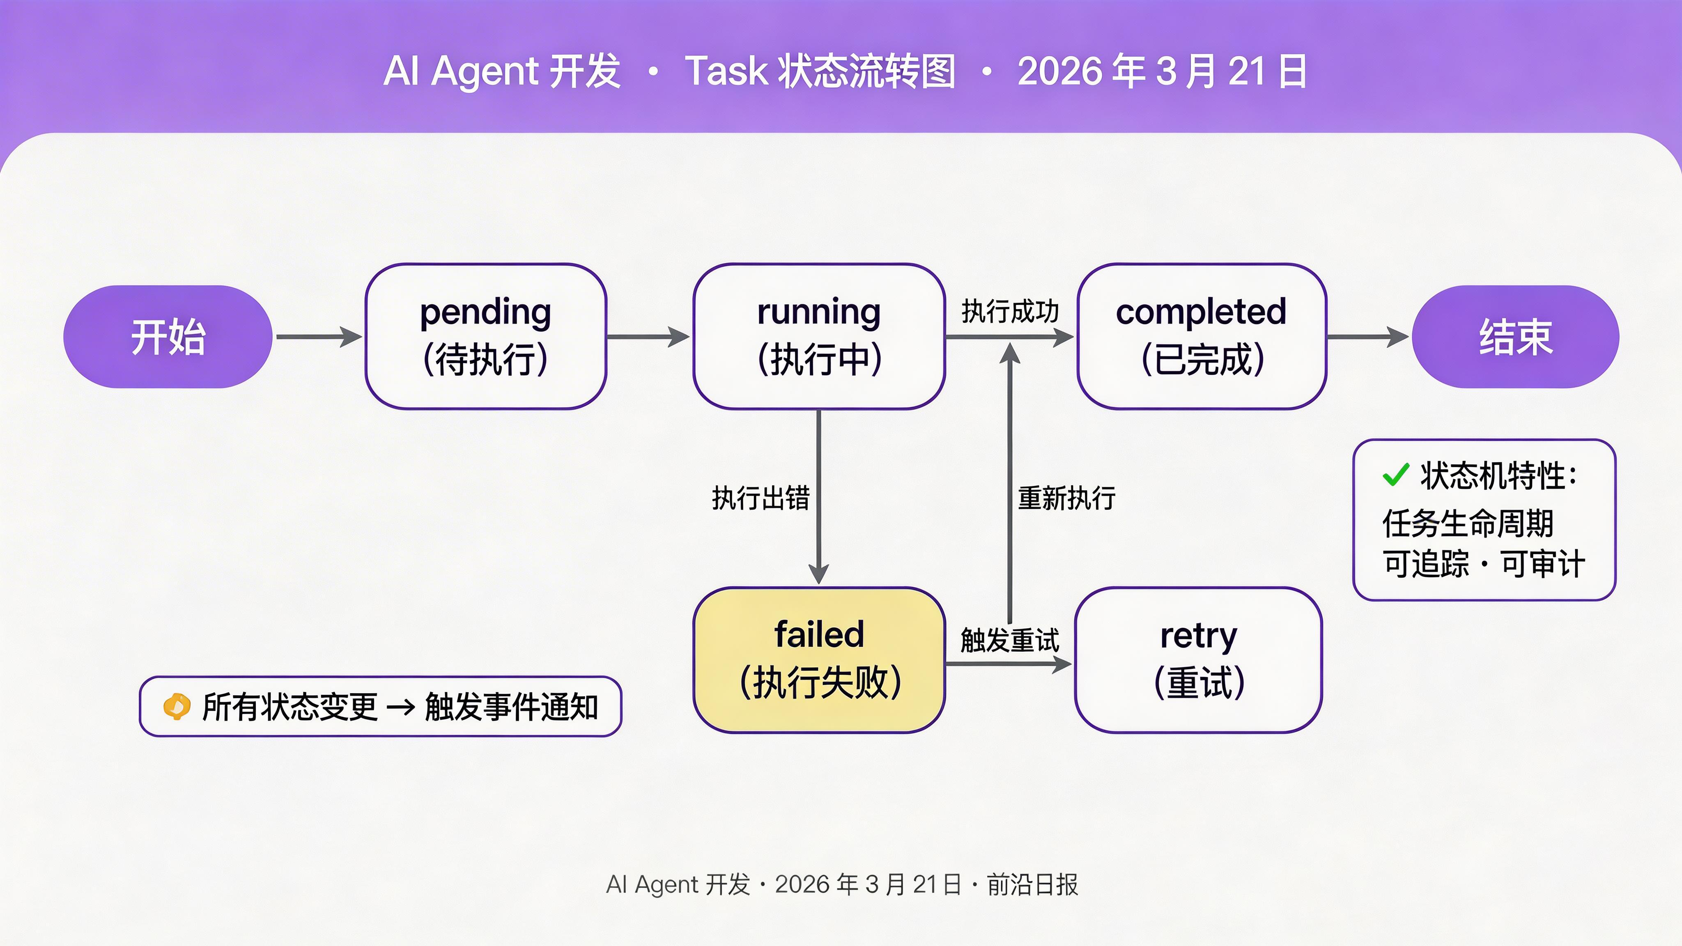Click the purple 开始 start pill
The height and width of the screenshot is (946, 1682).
tap(168, 337)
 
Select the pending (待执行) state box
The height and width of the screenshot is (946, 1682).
tap(486, 337)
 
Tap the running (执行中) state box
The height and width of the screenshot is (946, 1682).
tap(819, 337)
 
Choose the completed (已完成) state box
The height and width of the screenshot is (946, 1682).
tap(1202, 337)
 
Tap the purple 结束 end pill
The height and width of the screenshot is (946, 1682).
tap(1516, 337)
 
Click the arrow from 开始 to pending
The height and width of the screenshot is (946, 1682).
tap(319, 337)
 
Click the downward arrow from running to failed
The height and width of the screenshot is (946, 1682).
tap(819, 496)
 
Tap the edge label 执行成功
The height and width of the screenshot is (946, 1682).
tap(1009, 311)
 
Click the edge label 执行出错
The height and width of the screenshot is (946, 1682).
tap(761, 498)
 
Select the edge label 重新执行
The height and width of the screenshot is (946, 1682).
tap(1067, 498)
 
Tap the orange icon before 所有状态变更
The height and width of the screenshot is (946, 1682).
tap(176, 706)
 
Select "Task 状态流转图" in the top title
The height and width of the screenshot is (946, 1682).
tap(820, 71)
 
